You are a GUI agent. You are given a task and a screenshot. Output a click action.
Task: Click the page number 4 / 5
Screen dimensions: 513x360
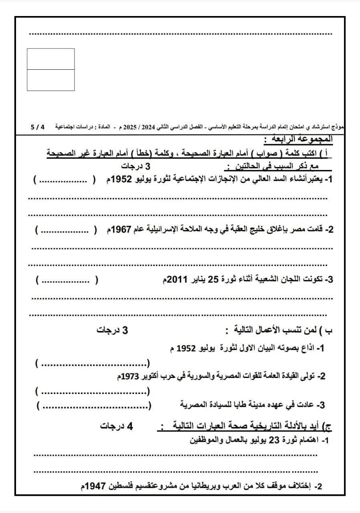coord(38,126)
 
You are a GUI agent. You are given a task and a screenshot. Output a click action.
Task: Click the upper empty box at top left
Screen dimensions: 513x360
coord(51,59)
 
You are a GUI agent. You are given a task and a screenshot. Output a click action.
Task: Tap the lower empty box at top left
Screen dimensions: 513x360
coord(51,80)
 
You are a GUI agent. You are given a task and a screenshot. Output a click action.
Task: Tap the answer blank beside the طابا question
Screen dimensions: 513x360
coord(94,406)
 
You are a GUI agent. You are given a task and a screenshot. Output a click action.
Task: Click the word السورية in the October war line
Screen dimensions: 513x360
coord(185,377)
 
